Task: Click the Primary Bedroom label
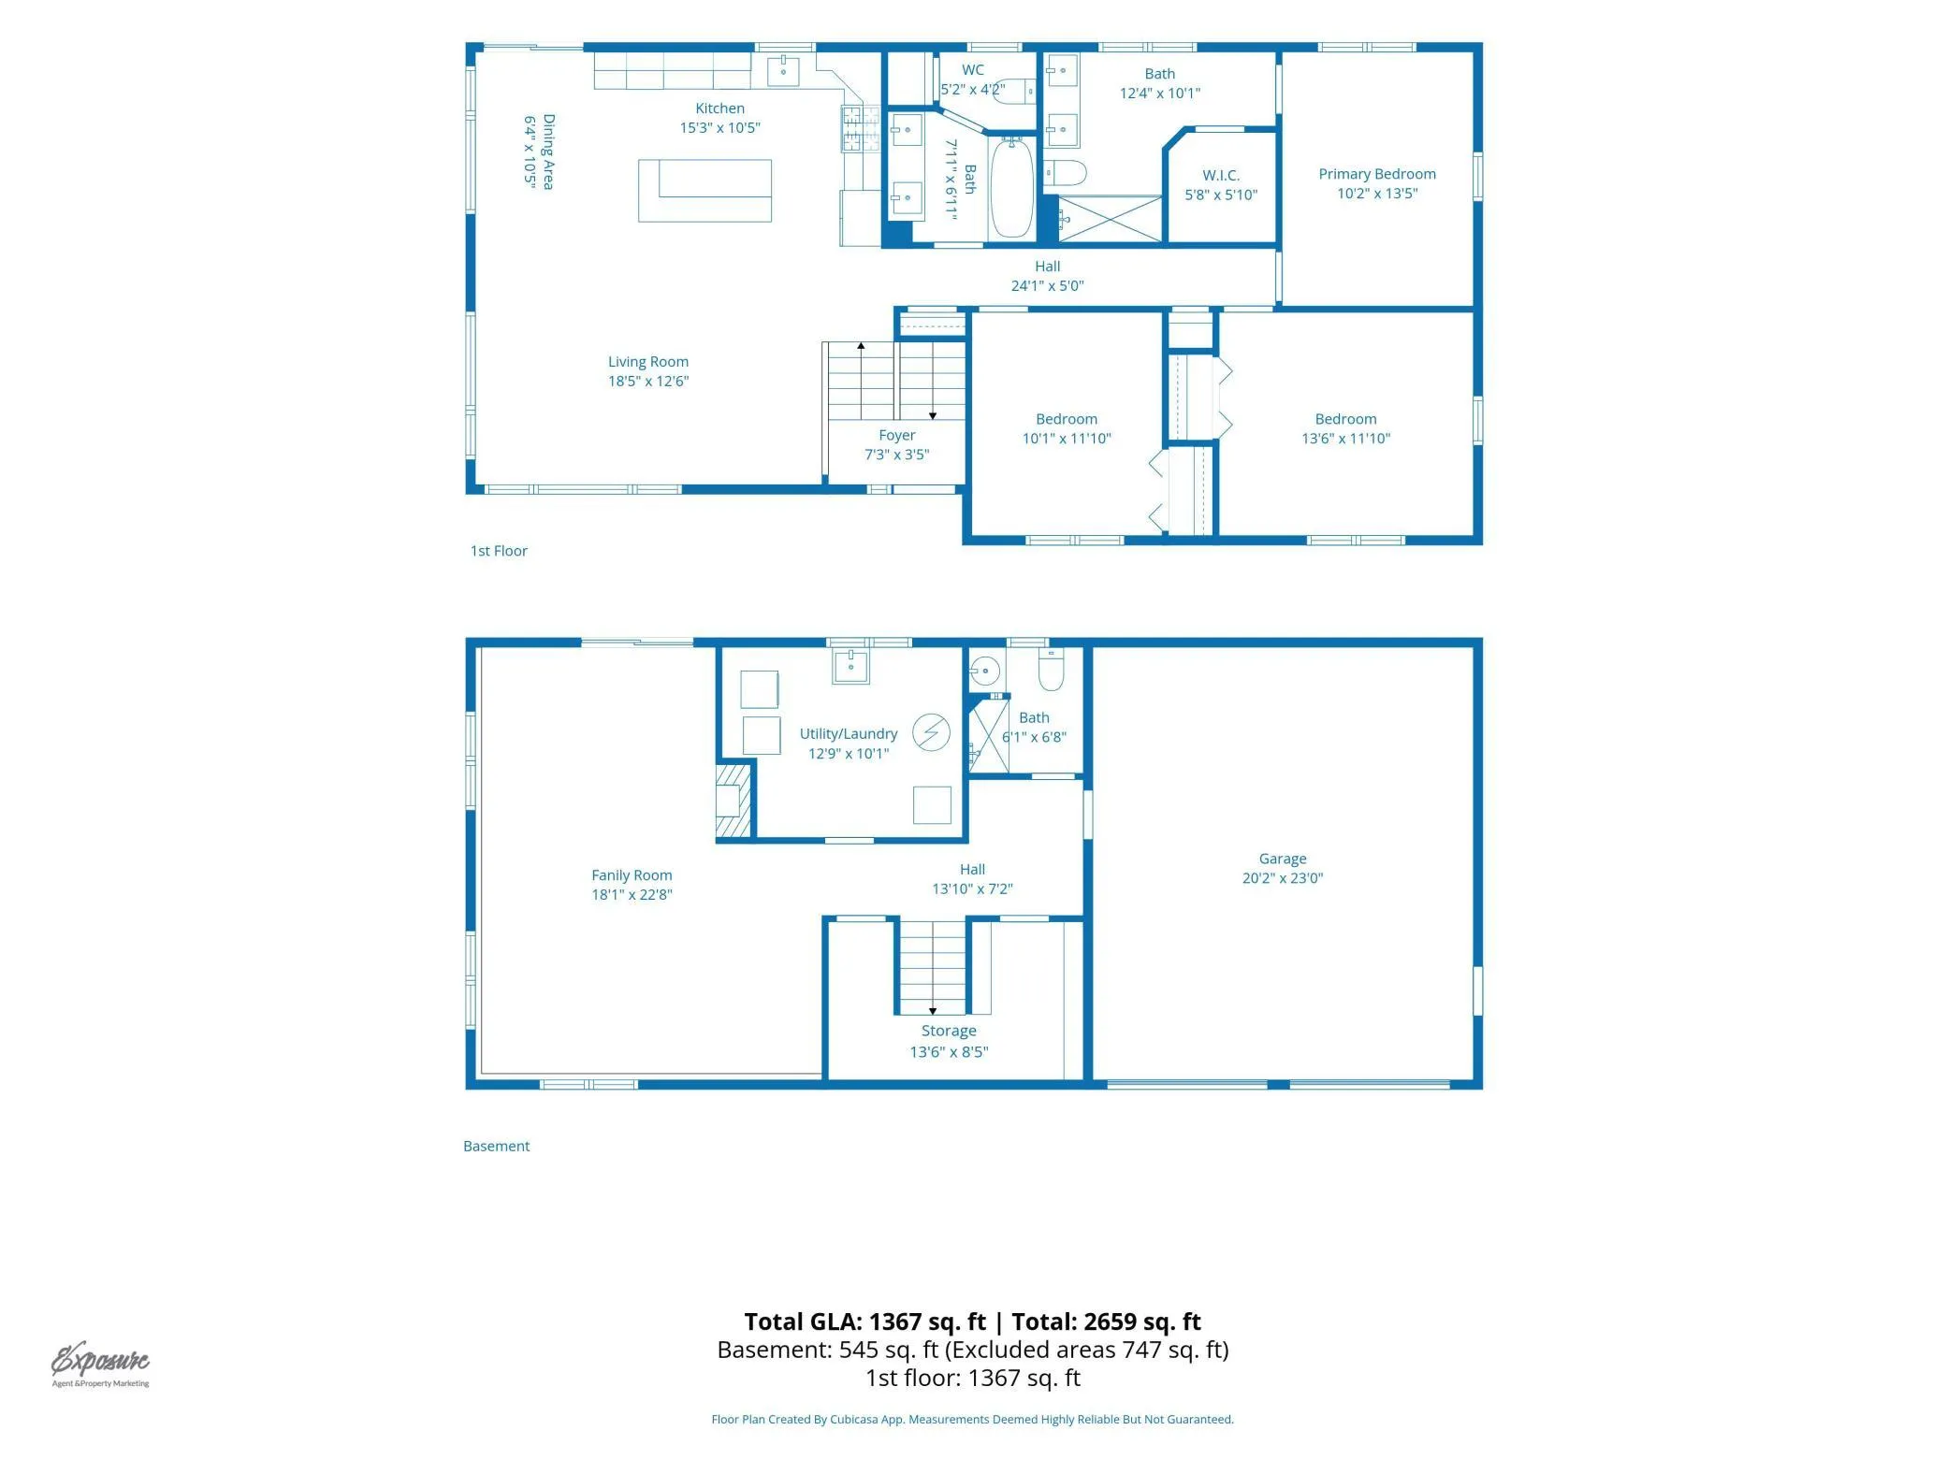[1376, 174]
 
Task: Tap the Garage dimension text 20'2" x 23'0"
[1282, 878]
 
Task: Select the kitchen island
[704, 191]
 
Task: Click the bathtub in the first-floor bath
[1011, 188]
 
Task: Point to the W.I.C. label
[1220, 176]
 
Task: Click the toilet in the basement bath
[1051, 670]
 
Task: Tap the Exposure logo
[100, 1364]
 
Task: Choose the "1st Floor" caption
[499, 551]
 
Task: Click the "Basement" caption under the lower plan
[496, 1146]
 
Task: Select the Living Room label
[647, 362]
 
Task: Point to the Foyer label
[896, 436]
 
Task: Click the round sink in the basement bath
[984, 671]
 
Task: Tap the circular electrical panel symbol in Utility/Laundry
[931, 732]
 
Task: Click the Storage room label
[949, 1031]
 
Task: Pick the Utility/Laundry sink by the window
[850, 666]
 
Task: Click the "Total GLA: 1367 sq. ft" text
[864, 1322]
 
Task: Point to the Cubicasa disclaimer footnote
[972, 1419]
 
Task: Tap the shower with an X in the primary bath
[1110, 219]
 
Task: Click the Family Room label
[632, 875]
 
